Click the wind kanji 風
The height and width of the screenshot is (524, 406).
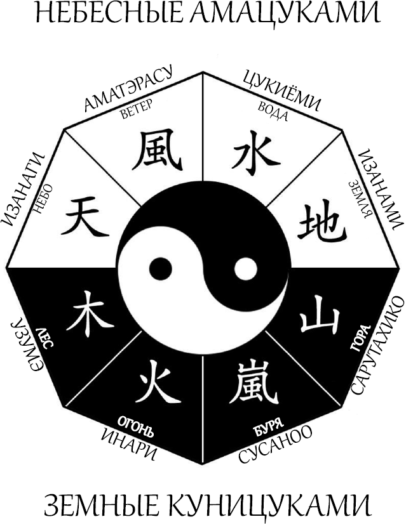(x=157, y=150)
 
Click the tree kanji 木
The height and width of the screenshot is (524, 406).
(x=89, y=313)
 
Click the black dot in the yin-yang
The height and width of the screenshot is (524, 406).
(x=160, y=270)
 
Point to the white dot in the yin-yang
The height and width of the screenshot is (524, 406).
(x=245, y=270)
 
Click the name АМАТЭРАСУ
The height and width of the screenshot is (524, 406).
(x=128, y=88)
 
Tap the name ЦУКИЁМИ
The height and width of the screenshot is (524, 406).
(x=280, y=90)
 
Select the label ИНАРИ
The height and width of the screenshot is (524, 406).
(x=129, y=444)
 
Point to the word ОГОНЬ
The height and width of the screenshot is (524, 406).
(x=135, y=427)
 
